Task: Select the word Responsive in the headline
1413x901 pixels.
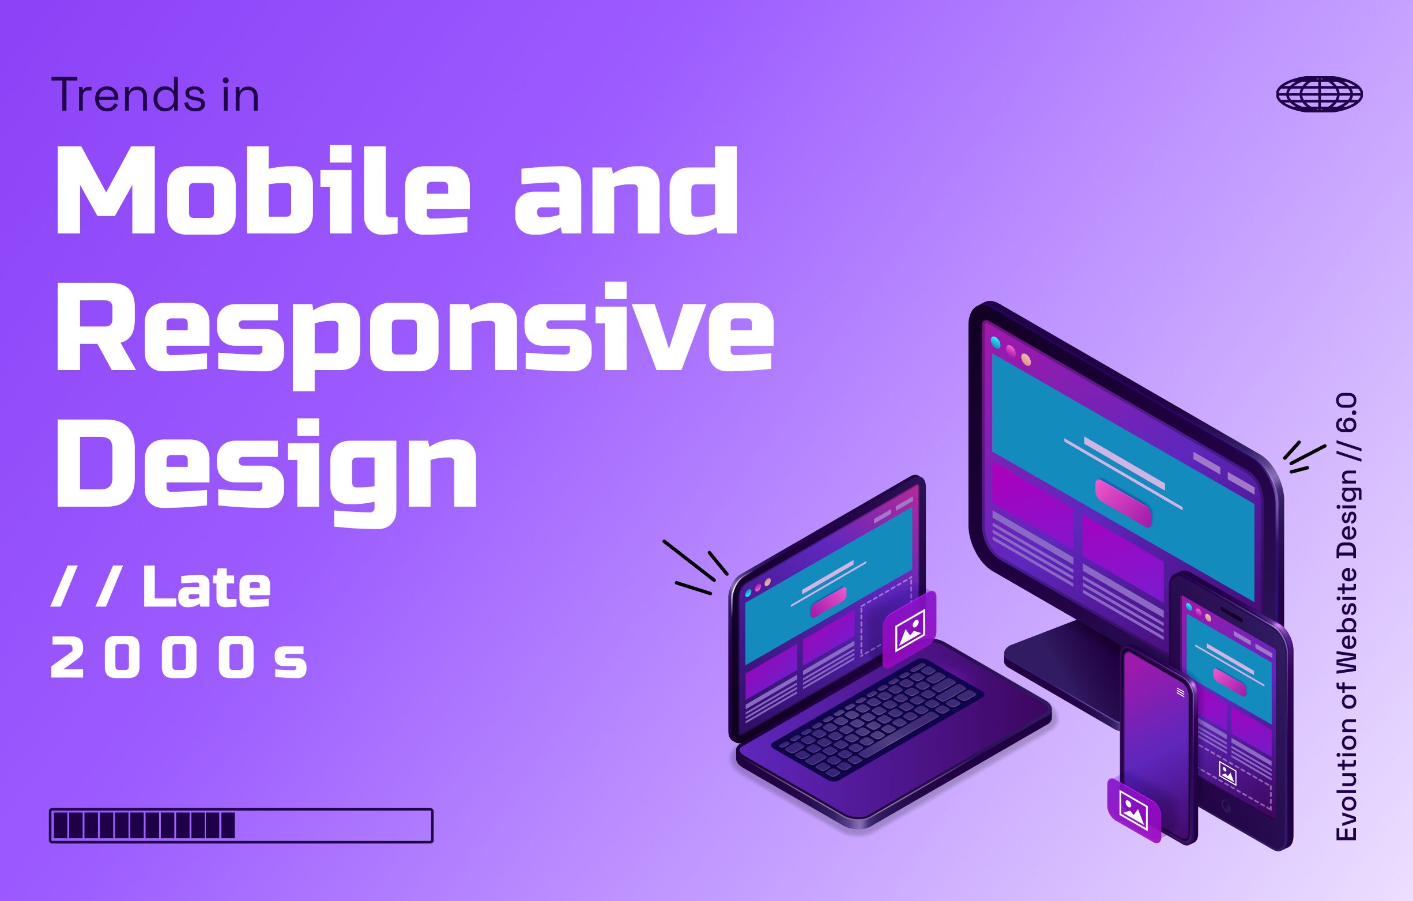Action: point(415,329)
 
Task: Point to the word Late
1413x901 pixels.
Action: point(206,588)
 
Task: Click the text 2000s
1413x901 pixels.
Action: point(178,659)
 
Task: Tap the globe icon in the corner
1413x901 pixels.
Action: point(1319,94)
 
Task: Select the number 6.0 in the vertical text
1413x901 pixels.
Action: point(1347,413)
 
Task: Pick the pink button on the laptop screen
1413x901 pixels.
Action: point(828,602)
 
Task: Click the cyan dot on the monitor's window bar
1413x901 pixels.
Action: point(996,342)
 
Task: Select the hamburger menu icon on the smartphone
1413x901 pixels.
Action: point(1181,693)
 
